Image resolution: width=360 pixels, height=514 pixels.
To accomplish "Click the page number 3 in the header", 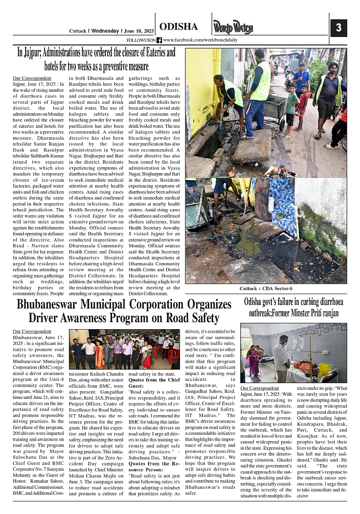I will [x=339, y=28].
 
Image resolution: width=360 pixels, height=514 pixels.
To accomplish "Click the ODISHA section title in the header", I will [x=178, y=27].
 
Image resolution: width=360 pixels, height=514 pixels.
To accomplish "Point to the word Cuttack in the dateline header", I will [x=77, y=31].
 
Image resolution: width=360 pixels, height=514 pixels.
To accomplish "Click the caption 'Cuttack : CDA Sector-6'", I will [x=266, y=288].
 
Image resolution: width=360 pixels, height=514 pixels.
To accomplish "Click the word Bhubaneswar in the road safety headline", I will [x=56, y=305].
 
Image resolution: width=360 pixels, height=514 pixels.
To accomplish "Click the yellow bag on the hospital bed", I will [x=324, y=369].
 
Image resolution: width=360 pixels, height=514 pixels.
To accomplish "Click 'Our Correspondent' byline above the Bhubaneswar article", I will [x=32, y=331].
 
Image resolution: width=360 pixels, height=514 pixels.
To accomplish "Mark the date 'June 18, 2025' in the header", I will [x=138, y=31].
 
